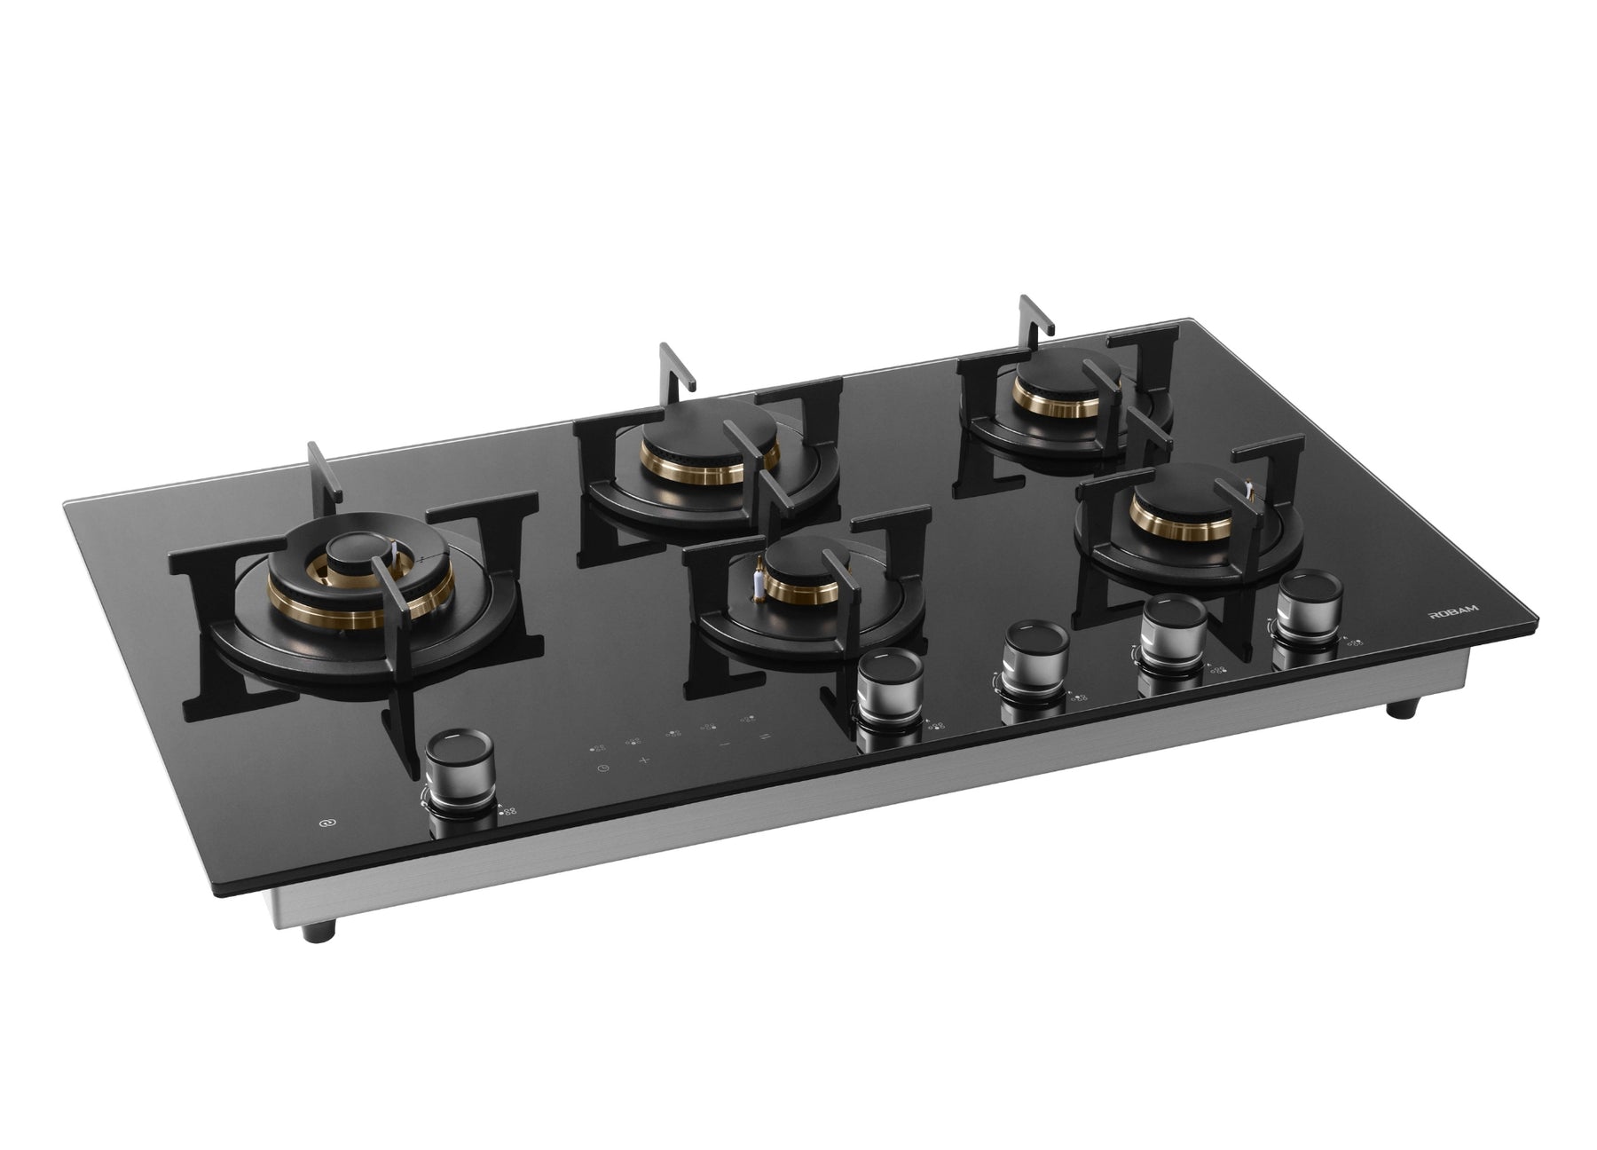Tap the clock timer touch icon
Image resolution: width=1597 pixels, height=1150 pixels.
[x=602, y=768]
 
